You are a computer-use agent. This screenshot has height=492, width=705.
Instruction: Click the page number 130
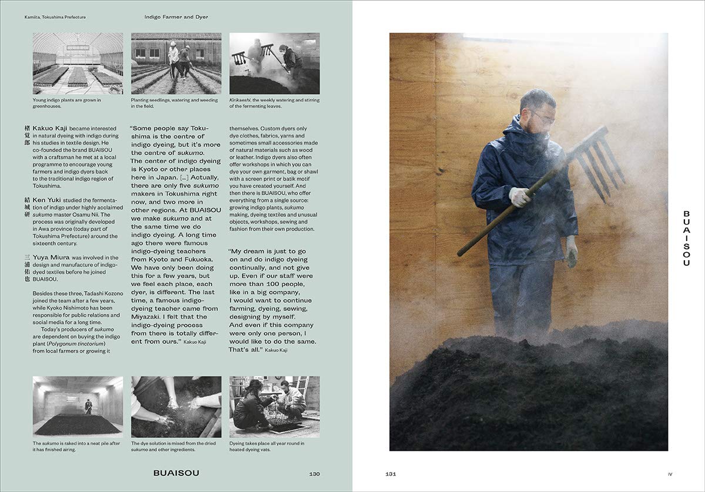[314, 474]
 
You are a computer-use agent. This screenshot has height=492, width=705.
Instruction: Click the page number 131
[390, 474]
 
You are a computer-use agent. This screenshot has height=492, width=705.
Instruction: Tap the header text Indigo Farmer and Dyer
[176, 17]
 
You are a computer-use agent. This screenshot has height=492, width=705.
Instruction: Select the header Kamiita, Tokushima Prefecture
[59, 17]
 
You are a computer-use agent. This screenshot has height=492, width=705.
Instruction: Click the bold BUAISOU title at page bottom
[176, 473]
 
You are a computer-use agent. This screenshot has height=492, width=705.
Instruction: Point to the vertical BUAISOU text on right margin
[686, 238]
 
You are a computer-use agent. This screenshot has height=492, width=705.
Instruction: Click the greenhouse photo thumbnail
[78, 63]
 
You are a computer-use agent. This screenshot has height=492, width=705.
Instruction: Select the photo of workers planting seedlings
[176, 63]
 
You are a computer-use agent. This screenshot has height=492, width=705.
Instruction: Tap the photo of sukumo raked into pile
[78, 407]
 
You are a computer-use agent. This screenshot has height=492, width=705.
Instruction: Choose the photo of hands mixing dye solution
[176, 407]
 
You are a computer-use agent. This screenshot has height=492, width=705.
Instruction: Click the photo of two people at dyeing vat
[274, 407]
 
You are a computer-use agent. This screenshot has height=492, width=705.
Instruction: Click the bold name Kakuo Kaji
[51, 128]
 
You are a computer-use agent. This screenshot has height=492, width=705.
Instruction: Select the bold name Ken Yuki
[47, 200]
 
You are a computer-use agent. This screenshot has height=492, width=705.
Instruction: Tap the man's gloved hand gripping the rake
[519, 197]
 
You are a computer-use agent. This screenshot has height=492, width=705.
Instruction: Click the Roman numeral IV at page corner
[669, 474]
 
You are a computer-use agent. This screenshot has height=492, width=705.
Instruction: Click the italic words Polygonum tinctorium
[76, 344]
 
